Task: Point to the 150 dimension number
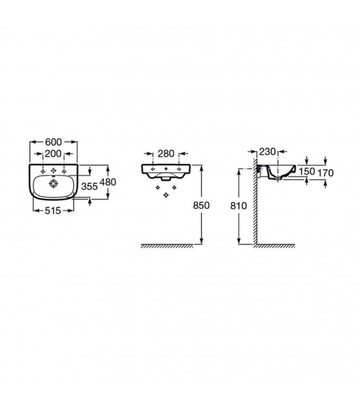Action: (x=306, y=172)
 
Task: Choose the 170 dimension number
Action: (x=326, y=172)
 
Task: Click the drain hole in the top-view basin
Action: (x=52, y=184)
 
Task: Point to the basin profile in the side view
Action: (x=278, y=171)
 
